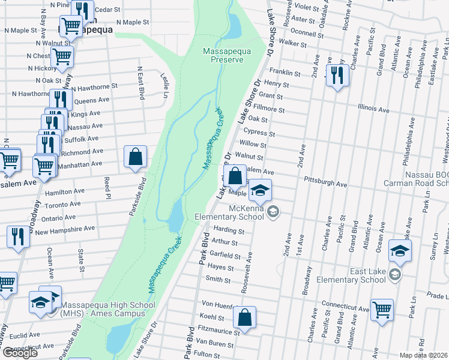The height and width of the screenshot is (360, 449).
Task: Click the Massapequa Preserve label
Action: [223, 55]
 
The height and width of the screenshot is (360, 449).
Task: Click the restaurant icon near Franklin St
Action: [337, 76]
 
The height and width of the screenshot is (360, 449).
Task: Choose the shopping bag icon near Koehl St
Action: [244, 317]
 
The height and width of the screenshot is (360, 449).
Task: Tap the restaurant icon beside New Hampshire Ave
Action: [18, 236]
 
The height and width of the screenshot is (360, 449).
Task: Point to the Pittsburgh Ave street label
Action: [325, 184]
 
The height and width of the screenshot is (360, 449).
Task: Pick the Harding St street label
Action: [228, 230]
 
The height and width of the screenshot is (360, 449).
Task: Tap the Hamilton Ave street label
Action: [62, 192]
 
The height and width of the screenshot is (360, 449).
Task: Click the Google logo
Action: [20, 353]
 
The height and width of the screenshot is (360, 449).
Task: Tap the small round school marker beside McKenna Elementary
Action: [273, 211]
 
